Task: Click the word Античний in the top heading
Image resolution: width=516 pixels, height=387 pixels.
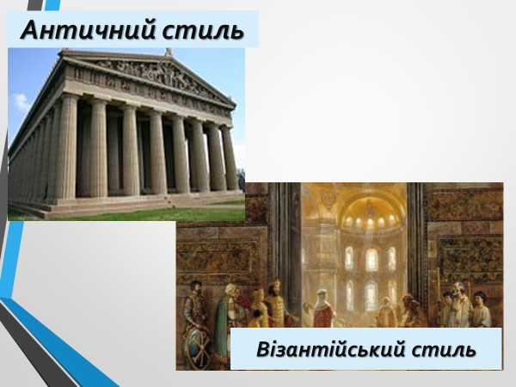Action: coord(88,30)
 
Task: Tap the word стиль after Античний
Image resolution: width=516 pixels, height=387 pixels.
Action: coord(203,30)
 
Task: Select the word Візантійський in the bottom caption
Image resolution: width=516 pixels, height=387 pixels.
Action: coord(330,349)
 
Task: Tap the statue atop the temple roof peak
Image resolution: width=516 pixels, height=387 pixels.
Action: coord(169,52)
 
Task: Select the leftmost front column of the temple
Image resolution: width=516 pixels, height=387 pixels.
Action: coord(67,146)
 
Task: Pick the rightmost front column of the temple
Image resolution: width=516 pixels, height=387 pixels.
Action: coord(229,157)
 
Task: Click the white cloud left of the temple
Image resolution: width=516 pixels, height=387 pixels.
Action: coord(21,101)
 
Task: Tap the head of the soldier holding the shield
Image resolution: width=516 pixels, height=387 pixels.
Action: coord(196,287)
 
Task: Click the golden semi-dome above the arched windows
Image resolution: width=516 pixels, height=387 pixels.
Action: coord(372,211)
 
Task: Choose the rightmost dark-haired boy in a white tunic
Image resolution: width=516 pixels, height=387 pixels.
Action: coord(481,310)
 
